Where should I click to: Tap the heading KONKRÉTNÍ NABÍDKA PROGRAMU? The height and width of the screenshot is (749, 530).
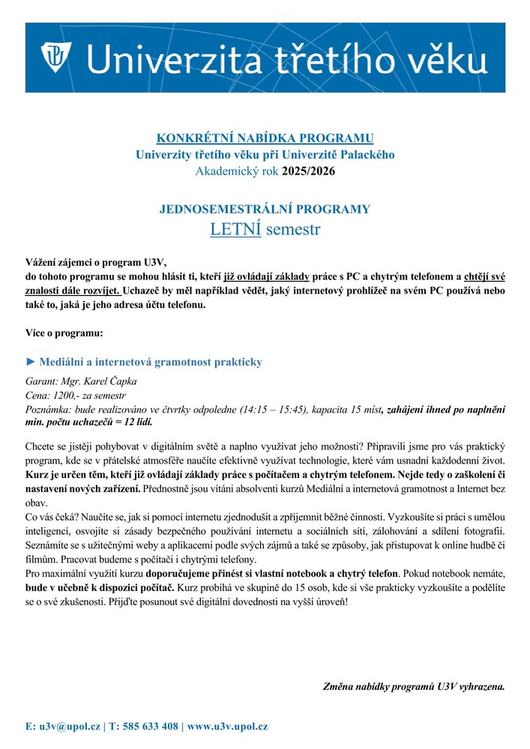click(x=265, y=139)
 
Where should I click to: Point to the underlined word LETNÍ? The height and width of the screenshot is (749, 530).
click(x=235, y=228)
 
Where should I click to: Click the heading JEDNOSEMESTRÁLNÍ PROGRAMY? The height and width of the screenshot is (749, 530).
click(x=265, y=209)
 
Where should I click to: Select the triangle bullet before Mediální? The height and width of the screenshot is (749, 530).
click(x=31, y=363)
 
